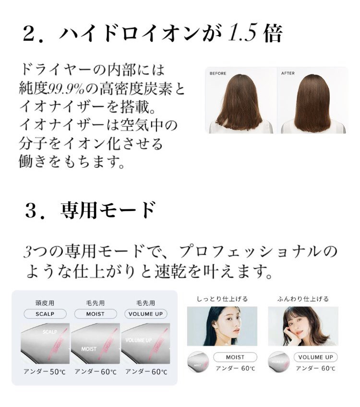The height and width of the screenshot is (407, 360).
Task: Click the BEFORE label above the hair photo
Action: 218,74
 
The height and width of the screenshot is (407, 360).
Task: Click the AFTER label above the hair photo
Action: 288,74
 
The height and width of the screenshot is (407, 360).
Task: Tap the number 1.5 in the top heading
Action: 242,33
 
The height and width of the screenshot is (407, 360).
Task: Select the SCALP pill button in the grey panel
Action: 45,314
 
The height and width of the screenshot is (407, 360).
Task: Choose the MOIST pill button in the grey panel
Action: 95,314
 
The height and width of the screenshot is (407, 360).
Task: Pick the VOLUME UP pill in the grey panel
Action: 146,314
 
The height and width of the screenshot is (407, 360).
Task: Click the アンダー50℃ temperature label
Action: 45,372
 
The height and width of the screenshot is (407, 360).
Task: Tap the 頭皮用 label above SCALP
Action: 45,303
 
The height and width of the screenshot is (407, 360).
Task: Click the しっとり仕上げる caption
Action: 222,299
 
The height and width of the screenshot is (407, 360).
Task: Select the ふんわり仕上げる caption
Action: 303,299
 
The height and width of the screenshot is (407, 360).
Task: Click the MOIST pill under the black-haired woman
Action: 235,357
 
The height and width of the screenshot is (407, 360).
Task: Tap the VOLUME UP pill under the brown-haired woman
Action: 316,357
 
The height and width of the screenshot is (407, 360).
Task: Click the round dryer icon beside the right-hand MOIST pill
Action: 198,362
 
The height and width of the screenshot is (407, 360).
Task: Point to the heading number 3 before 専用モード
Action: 31,211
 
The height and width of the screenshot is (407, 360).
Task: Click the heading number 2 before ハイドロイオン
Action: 29,34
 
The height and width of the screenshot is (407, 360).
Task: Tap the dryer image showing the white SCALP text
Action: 45,344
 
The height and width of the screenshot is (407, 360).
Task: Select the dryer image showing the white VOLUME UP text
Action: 145,344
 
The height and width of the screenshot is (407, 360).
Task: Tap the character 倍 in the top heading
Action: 273,34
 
